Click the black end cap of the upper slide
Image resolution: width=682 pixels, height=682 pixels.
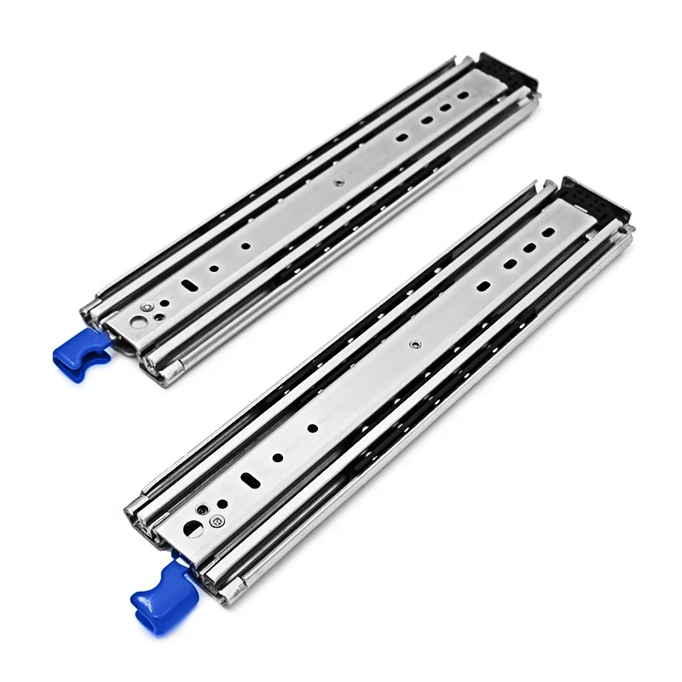[x=507, y=72]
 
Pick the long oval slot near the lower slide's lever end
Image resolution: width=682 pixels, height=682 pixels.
[x=251, y=480]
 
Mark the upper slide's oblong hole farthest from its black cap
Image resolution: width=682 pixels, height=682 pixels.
[x=402, y=137]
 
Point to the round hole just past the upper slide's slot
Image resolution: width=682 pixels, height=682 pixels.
[x=214, y=269]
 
